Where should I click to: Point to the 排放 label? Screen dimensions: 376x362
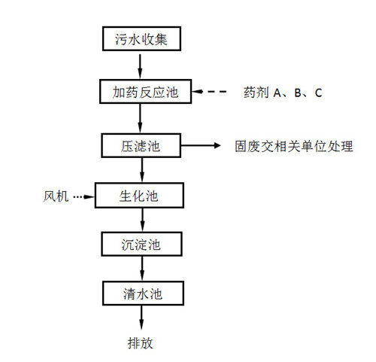[140, 343]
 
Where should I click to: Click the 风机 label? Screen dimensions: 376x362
[56, 196]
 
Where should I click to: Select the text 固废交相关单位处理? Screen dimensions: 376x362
[294, 146]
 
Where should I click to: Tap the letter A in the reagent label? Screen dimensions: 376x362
[277, 93]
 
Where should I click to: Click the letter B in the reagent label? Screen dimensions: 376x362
[298, 93]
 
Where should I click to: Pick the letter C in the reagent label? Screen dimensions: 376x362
[318, 93]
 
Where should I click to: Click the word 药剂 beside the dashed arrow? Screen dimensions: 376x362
[256, 93]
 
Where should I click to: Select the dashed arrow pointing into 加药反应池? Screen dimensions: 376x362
[209, 92]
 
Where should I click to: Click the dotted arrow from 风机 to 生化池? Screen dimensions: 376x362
[84, 196]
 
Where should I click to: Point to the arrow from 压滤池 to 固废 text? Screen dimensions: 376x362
[201, 145]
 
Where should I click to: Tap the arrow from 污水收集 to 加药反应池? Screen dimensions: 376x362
[140, 66]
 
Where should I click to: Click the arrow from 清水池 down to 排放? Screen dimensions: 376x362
[141, 318]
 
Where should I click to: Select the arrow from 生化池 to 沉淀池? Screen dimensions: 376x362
[143, 220]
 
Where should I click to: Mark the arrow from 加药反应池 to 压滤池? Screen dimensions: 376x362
[140, 118]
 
